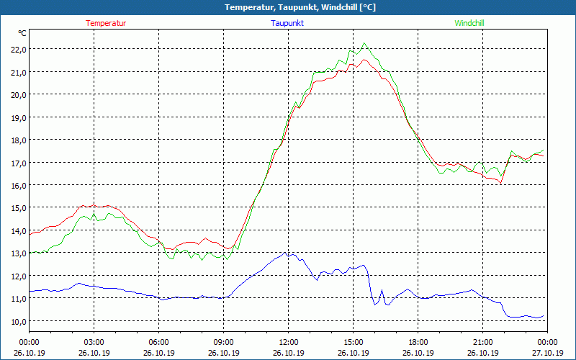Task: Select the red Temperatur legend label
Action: pyautogui.click(x=106, y=23)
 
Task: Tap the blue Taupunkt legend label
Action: pyautogui.click(x=287, y=23)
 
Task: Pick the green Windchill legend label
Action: pyautogui.click(x=469, y=23)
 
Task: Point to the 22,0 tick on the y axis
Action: pyautogui.click(x=17, y=49)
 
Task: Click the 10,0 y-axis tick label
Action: pyautogui.click(x=17, y=321)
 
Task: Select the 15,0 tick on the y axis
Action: pyautogui.click(x=17, y=207)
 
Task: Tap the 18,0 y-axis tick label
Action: pyautogui.click(x=17, y=140)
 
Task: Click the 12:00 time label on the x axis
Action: pyautogui.click(x=288, y=342)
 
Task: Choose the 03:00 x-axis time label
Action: pyautogui.click(x=94, y=342)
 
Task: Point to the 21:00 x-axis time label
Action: pyautogui.click(x=482, y=342)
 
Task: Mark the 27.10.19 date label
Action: pyautogui.click(x=547, y=353)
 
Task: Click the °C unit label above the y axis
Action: pyautogui.click(x=22, y=33)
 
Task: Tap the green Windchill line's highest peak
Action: pyautogui.click(x=364, y=43)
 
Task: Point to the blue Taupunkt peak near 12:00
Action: pyautogui.click(x=287, y=253)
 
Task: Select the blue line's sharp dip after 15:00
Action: pyautogui.click(x=374, y=305)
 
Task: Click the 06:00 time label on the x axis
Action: pyautogui.click(x=158, y=342)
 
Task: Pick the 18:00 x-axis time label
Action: pyautogui.click(x=418, y=342)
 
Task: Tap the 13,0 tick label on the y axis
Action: pyautogui.click(x=17, y=253)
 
